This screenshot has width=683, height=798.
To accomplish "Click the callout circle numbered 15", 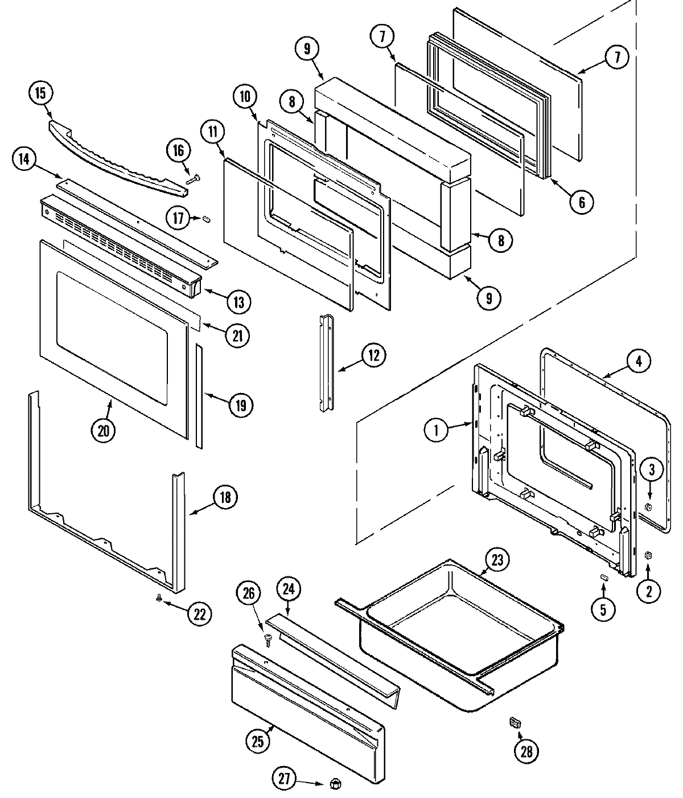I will pos(40,93).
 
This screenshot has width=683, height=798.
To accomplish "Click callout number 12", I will pos(373,355).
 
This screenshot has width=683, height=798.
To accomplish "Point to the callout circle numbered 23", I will pos(498,560).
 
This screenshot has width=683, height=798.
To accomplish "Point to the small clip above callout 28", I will pos(515,723).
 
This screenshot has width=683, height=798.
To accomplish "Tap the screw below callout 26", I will pos(269,641).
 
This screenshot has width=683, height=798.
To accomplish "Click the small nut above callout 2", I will pos(648,555).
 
